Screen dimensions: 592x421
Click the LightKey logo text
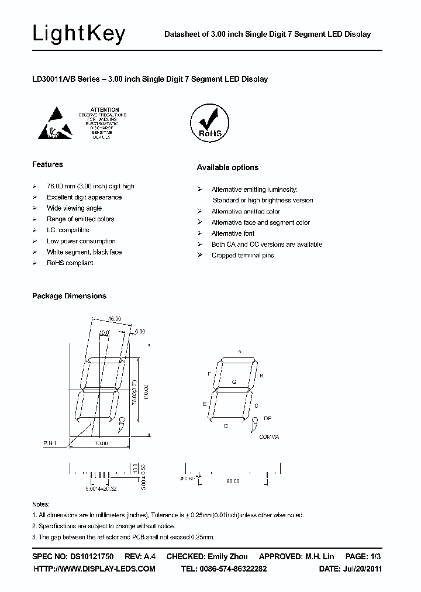78,35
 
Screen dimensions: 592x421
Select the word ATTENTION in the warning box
105,109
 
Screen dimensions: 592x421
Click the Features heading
47,164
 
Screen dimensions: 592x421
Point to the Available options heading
227,168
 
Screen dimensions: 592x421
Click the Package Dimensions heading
69,296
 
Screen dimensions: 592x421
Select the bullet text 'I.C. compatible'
68,230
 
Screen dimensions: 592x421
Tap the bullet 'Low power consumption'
81,241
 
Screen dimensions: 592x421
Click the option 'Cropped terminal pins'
243,256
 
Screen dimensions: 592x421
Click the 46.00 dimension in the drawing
114,319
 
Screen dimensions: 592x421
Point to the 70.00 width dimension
101,444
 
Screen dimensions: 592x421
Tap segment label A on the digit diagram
240,352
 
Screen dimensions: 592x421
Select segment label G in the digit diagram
234,381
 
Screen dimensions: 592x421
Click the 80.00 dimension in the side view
233,481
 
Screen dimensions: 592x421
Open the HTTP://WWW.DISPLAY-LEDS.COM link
95,569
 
